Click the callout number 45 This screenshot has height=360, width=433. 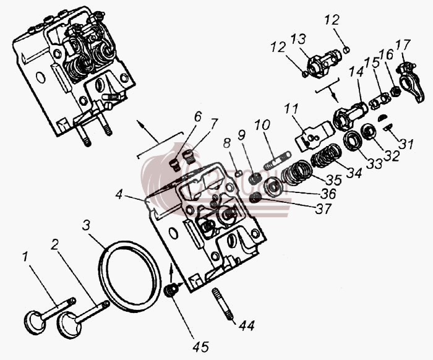tap(201, 347)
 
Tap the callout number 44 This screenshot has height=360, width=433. tap(247, 326)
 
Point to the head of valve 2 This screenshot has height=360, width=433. tap(69, 325)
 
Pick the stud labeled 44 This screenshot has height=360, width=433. tap(223, 304)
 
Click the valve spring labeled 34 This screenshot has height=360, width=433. tap(327, 156)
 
